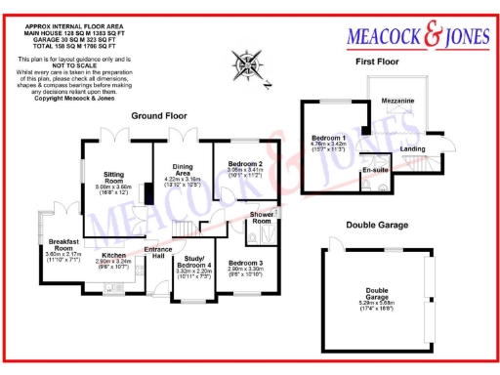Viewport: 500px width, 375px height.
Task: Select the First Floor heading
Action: click(x=380, y=62)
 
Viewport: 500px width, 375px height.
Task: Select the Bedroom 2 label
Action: click(x=246, y=163)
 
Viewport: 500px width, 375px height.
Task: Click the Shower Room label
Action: click(x=262, y=217)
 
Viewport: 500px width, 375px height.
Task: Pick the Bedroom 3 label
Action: click(x=246, y=263)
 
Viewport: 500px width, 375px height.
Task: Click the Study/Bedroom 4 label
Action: click(x=193, y=262)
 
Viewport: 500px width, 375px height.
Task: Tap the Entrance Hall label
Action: click(x=160, y=252)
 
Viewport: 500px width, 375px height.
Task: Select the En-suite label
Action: click(x=375, y=171)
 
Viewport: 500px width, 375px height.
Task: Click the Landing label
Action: click(x=413, y=148)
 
